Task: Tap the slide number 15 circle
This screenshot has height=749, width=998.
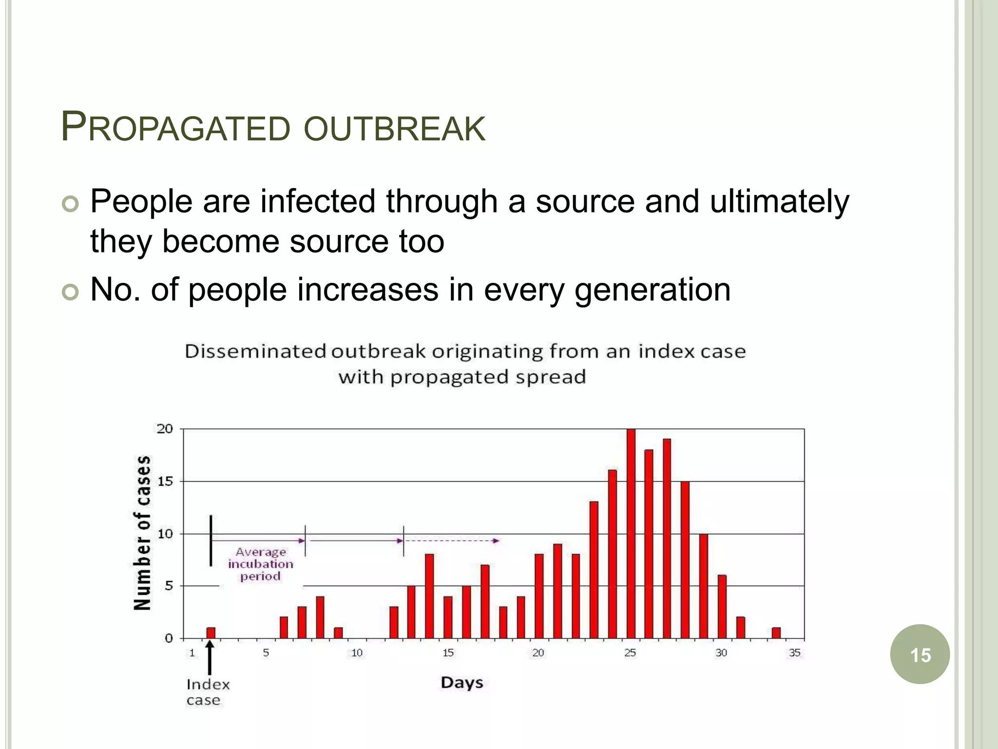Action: coord(920,654)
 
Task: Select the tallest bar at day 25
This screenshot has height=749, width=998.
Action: coord(631,533)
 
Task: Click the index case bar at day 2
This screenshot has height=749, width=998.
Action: coord(211,632)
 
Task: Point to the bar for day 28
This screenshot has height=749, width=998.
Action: coord(685,560)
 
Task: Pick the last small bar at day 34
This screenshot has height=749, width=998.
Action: coord(776,632)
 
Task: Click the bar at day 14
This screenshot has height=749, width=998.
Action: coord(429,596)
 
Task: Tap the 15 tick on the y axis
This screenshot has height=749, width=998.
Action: coord(165,481)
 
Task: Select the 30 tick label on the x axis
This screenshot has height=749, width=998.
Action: coord(721,653)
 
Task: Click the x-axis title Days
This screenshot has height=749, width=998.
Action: coord(462,682)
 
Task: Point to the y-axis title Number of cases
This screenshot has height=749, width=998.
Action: coord(142,532)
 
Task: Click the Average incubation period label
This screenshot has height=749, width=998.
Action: coord(261,564)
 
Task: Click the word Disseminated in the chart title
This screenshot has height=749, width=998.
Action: coord(255,352)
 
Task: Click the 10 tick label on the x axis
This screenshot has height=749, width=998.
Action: coord(357,653)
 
